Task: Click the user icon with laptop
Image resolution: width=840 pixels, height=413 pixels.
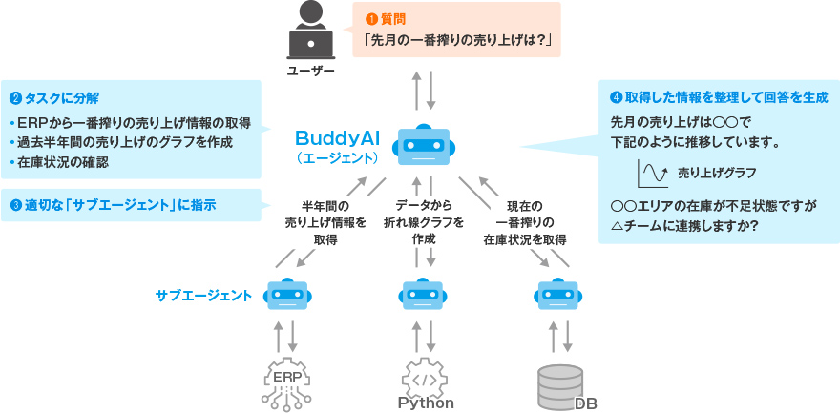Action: point(310,33)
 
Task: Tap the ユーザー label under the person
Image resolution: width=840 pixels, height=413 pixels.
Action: point(310,72)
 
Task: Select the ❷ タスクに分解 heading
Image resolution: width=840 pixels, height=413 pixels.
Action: point(54,97)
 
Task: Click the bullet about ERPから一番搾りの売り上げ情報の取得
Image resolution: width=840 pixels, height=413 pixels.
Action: point(130,123)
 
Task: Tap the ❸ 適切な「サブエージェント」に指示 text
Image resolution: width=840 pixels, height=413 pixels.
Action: point(113,204)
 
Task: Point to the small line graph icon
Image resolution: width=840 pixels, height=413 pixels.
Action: point(652,174)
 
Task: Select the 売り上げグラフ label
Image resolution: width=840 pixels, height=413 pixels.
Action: point(717,174)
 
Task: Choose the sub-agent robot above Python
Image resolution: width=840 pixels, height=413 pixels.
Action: point(424,296)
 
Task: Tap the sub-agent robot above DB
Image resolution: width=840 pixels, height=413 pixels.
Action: point(560,296)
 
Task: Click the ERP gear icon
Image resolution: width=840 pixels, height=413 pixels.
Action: point(286,380)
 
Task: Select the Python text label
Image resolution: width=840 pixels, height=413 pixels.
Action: point(426,403)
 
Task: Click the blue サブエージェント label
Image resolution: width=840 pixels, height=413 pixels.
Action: point(204,296)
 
